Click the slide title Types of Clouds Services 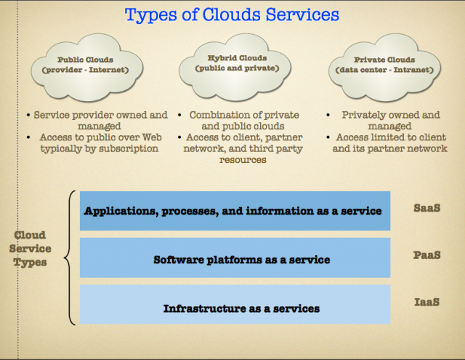[x=232, y=15]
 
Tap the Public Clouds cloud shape [x=87, y=68]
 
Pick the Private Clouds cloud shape [x=384, y=68]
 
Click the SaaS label [x=426, y=208]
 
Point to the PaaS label [x=426, y=255]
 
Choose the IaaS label [x=426, y=302]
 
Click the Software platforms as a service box [x=235, y=257]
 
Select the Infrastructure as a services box [x=235, y=305]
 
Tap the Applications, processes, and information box [x=235, y=211]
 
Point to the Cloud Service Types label [x=30, y=249]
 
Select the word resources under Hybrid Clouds [x=243, y=160]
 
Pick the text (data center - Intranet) [x=384, y=70]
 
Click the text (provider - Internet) [x=86, y=70]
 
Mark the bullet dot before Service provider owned [x=28, y=115]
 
